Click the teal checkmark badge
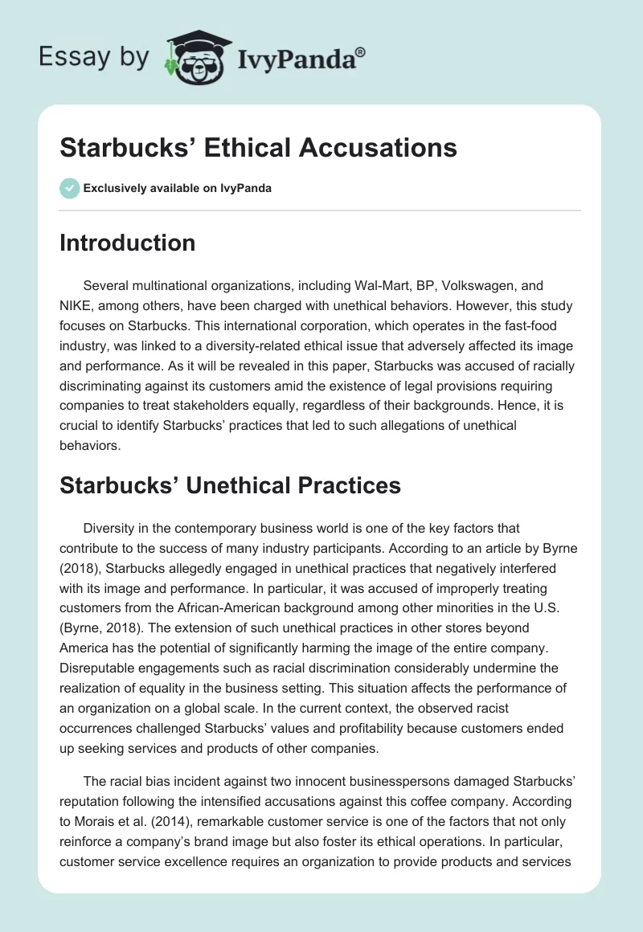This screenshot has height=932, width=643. tap(69, 188)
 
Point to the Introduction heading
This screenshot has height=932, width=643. tap(128, 243)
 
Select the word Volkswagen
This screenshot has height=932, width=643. tap(489, 284)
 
